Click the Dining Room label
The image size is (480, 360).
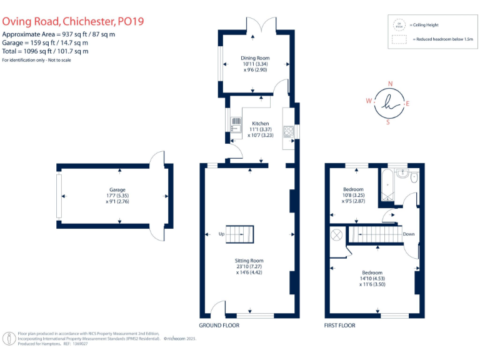(x=255, y=59)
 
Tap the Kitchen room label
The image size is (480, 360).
(x=260, y=124)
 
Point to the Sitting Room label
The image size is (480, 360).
(x=249, y=261)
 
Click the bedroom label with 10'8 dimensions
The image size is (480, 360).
(x=353, y=189)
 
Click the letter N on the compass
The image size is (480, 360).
(x=390, y=84)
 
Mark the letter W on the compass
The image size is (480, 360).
(x=369, y=101)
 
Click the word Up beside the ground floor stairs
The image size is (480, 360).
(x=221, y=234)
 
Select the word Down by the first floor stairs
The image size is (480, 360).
(x=408, y=234)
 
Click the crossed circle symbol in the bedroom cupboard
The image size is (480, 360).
(x=336, y=234)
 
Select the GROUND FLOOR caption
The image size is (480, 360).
(x=219, y=326)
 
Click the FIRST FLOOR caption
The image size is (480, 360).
(x=339, y=326)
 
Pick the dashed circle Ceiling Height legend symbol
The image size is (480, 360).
(x=398, y=25)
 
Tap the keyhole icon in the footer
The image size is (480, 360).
(x=9, y=339)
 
